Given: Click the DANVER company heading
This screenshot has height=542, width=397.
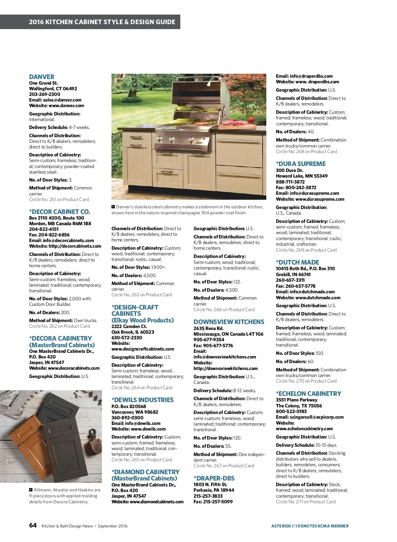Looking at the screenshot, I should point(42,77).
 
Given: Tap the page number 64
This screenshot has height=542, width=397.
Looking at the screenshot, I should point(33,525).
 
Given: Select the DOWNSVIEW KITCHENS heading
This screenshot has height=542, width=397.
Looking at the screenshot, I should point(229,322).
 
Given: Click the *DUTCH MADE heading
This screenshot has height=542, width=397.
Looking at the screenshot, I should point(297,262).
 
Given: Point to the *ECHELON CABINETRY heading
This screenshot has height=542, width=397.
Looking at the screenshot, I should point(308,394).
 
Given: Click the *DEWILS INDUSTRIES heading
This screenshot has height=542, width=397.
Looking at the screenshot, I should point(142,400).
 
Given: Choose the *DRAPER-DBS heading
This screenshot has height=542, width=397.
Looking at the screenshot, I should point(214,478).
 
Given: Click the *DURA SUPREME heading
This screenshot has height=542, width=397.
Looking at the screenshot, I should point(301,164).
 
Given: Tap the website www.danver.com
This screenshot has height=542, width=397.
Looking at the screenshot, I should point(66,105).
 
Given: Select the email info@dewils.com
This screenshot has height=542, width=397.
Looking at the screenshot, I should point(143,423).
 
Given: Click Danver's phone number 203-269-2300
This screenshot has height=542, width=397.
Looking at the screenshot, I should point(45,94).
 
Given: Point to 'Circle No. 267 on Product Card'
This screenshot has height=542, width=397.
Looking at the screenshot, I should point(224,466).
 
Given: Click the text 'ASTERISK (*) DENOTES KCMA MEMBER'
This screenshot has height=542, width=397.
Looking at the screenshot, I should point(310,526).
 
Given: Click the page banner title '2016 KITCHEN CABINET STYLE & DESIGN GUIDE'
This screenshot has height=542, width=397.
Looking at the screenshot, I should point(102,22).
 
